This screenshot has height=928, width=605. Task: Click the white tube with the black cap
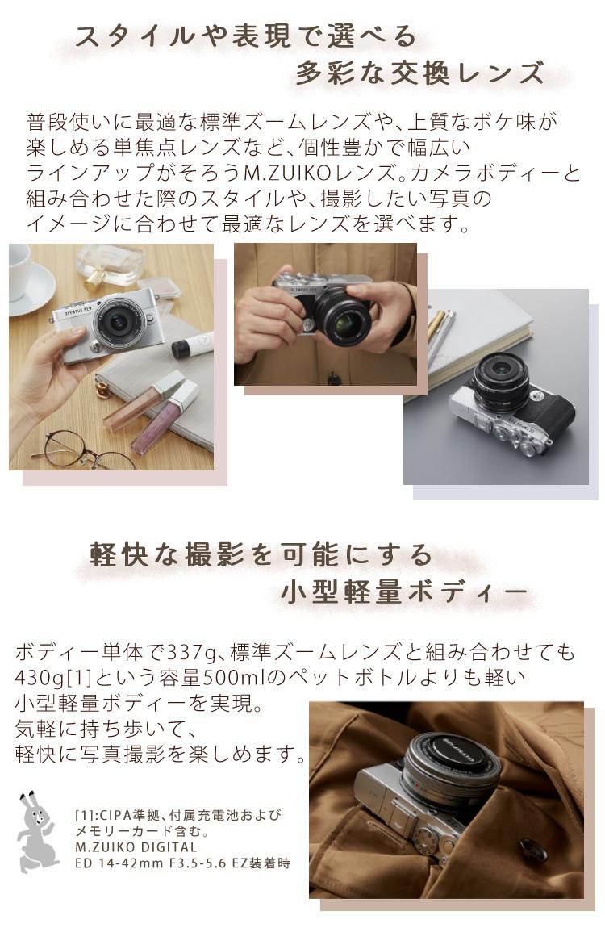pos(191,345)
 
